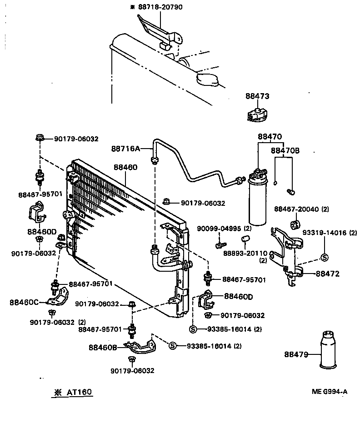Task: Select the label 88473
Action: tap(257, 96)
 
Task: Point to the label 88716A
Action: tap(125, 148)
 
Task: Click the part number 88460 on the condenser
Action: tap(125, 168)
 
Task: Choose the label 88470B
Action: tap(285, 150)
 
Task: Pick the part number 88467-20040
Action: tap(296, 209)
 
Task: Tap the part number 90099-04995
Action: tap(220, 228)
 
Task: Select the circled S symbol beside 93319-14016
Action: tap(325, 257)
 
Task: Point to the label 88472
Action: tap(328, 274)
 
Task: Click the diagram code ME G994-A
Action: tap(330, 392)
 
